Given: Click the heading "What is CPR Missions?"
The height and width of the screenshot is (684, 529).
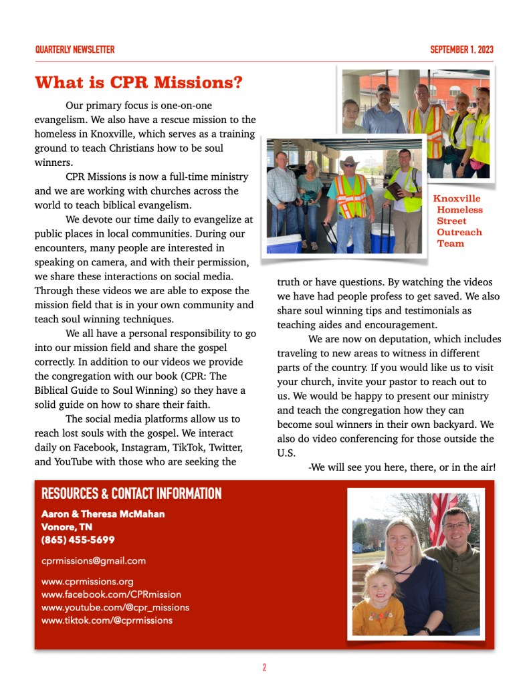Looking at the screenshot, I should click(138, 83).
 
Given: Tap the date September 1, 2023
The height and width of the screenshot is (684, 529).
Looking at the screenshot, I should click(461, 49).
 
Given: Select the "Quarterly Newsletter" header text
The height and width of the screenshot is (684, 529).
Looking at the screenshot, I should click(74, 49).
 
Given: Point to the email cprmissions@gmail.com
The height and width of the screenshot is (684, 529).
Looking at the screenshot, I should click(93, 560).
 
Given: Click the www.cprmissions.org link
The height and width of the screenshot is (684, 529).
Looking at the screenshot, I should click(87, 581).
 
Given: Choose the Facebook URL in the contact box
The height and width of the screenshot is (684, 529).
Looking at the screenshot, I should click(111, 594).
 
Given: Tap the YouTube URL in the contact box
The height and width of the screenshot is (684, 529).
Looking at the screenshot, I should click(115, 607).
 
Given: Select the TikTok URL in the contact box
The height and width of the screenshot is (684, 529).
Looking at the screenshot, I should click(106, 620).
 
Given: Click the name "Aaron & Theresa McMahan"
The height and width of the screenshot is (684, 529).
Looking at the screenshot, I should click(103, 514).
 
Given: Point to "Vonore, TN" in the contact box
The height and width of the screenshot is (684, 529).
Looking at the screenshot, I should click(66, 527).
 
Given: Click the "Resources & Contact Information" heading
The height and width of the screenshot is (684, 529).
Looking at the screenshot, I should click(131, 494).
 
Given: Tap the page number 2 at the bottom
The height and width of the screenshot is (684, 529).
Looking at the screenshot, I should click(264, 667).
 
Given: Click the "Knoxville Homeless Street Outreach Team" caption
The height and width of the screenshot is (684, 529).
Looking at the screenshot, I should click(458, 221).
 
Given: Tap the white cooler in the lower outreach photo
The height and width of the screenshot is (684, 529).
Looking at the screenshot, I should click(284, 243).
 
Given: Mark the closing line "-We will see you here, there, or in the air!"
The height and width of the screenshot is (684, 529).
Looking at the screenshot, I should click(402, 467).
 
